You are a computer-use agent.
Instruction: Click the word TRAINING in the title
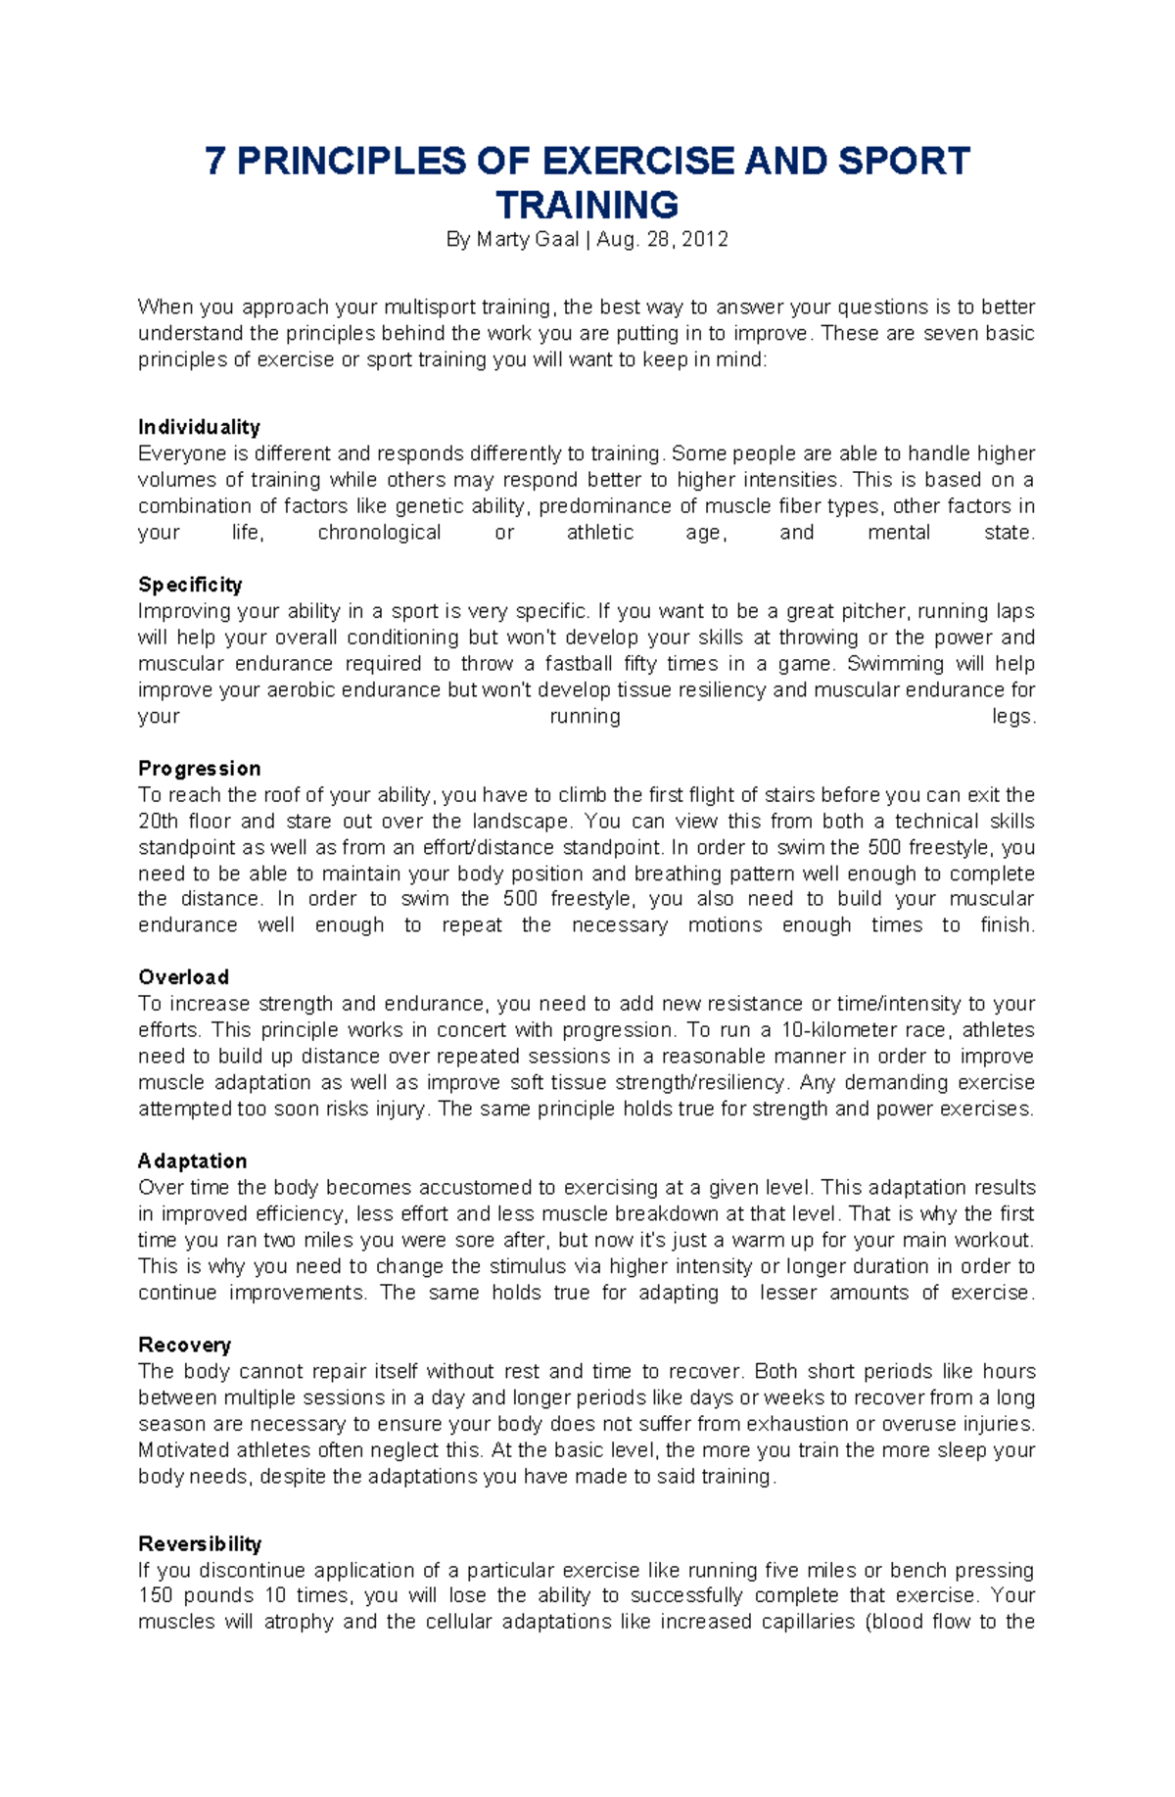(x=587, y=206)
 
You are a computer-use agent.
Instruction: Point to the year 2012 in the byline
(x=705, y=240)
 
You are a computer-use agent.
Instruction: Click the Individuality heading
(x=199, y=427)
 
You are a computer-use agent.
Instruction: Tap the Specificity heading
(x=190, y=585)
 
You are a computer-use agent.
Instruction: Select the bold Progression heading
(x=199, y=769)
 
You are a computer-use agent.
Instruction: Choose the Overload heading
(x=183, y=977)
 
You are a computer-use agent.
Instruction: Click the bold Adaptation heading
(x=192, y=1161)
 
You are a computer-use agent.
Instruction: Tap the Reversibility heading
(x=200, y=1544)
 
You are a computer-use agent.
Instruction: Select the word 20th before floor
(x=158, y=822)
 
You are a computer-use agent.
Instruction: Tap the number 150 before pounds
(x=155, y=1596)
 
